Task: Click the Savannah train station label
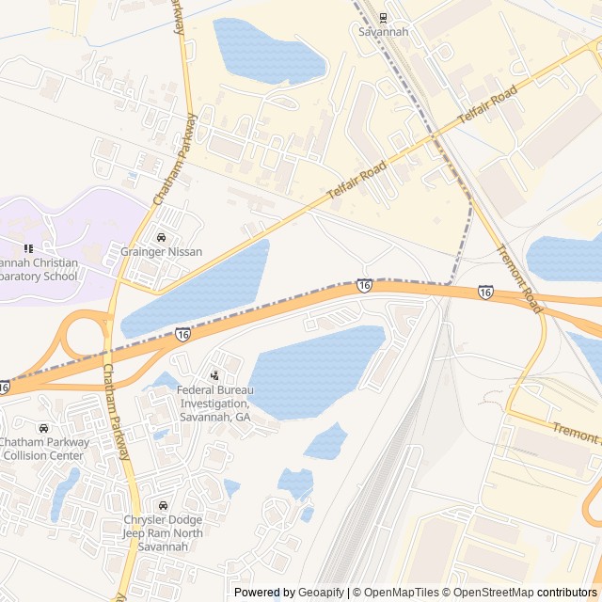tap(384, 31)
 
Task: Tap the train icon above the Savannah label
tap(383, 17)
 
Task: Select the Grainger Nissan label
tap(161, 252)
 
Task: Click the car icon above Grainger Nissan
tap(161, 237)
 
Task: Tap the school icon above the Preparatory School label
tap(28, 248)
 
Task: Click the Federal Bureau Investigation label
tap(214, 403)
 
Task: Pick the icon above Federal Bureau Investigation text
tap(214, 375)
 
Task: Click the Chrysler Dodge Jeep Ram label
tap(163, 533)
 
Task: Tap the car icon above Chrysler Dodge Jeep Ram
tap(164, 506)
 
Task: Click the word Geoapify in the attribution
tap(321, 593)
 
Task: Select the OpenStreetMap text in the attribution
tap(491, 593)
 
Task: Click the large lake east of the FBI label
tap(315, 372)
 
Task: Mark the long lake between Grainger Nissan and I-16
tap(198, 290)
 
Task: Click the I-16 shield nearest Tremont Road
tap(485, 293)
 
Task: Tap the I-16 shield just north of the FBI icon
tap(182, 334)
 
